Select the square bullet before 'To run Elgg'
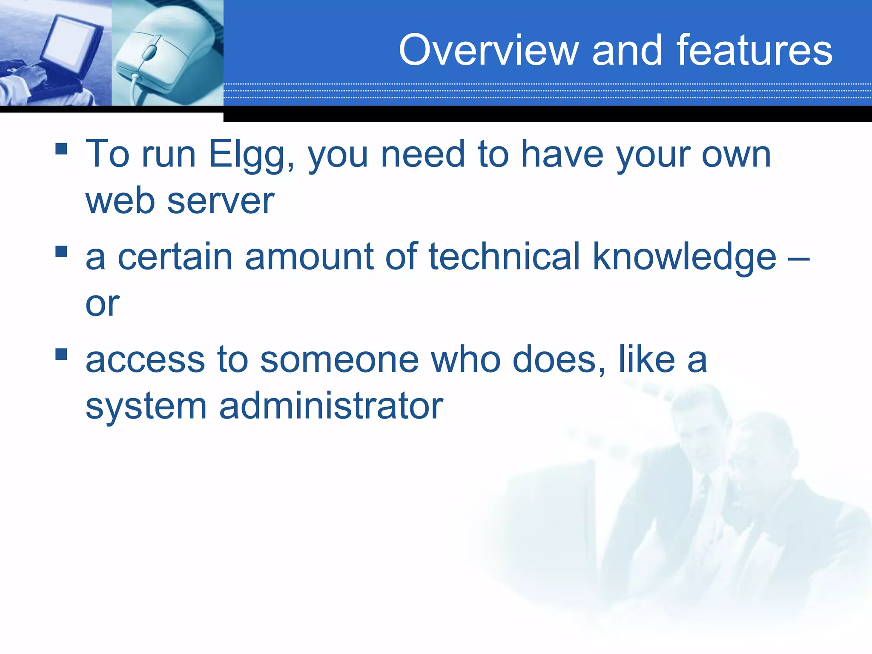click(x=61, y=149)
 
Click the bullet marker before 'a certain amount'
click(x=61, y=252)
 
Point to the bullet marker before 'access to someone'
click(x=61, y=354)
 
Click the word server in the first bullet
click(x=221, y=201)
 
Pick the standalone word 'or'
click(x=102, y=304)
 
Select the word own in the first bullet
click(x=736, y=155)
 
